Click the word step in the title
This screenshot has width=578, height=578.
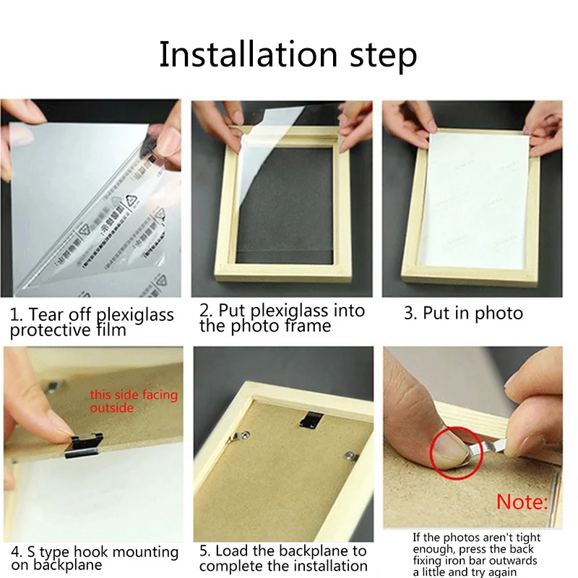tap(384, 57)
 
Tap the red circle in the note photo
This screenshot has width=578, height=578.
tap(457, 453)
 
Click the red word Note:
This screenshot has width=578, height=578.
tap(522, 502)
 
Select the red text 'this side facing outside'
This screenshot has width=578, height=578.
tap(134, 401)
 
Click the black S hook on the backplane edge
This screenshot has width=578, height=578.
tap(83, 445)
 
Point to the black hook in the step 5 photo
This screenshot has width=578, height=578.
tap(311, 420)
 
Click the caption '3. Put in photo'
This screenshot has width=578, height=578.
tap(463, 314)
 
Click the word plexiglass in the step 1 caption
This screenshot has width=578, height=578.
tap(134, 316)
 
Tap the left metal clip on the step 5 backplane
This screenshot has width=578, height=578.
tap(241, 436)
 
